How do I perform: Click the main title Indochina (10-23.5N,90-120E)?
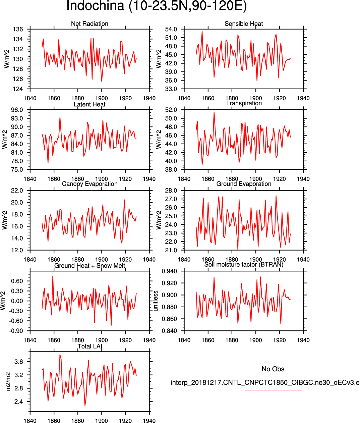click(x=157, y=6)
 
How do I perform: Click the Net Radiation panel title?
click(x=89, y=24)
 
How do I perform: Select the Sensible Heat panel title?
click(x=244, y=24)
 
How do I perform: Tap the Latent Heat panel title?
click(x=89, y=104)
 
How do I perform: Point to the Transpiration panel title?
click(x=244, y=103)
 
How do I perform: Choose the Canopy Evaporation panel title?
click(x=89, y=184)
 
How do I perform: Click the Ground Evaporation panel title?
click(x=244, y=184)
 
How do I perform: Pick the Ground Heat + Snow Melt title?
click(x=89, y=266)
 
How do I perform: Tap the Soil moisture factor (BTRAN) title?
click(x=244, y=265)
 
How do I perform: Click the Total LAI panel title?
click(x=89, y=346)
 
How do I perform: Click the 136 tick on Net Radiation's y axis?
click(x=18, y=29)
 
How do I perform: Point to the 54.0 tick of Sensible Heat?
click(x=171, y=29)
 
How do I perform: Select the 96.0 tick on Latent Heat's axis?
click(x=17, y=110)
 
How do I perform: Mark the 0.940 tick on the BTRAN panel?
click(x=170, y=271)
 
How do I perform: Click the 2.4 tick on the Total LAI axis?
click(x=19, y=402)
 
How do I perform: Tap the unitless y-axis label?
click(x=156, y=301)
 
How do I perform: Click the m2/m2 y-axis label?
click(x=8, y=381)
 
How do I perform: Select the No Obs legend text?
click(x=273, y=369)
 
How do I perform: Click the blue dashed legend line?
click(x=273, y=376)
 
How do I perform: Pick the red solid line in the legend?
click(x=273, y=390)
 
